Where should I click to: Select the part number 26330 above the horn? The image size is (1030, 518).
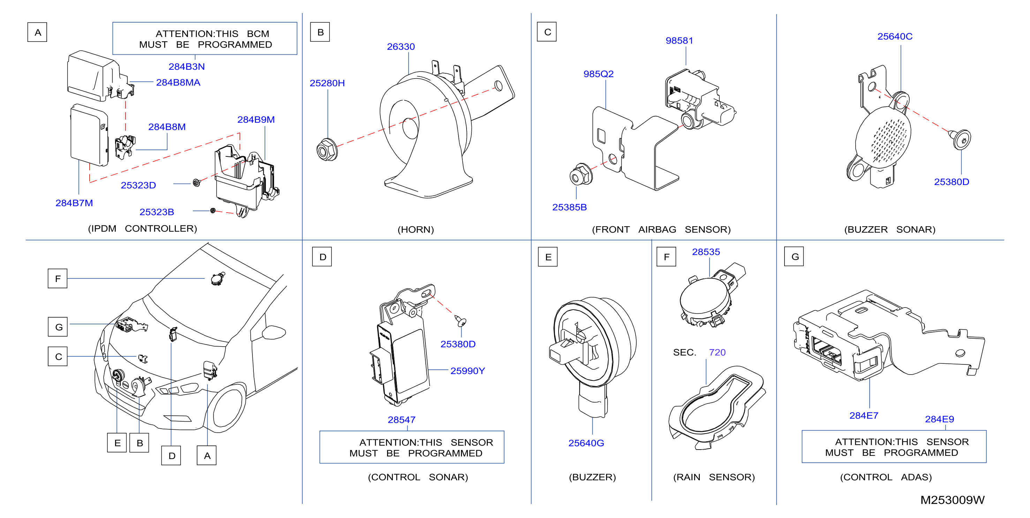[401, 46]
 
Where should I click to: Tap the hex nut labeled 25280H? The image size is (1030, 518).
[327, 150]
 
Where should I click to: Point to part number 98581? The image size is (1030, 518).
[679, 40]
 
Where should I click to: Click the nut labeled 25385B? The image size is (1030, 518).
[581, 174]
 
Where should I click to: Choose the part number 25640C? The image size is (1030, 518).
[894, 36]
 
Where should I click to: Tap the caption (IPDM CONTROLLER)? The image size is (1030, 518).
[142, 229]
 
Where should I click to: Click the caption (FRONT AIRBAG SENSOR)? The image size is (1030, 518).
[661, 229]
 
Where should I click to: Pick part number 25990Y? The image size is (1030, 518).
[468, 371]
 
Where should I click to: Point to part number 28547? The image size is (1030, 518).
[401, 420]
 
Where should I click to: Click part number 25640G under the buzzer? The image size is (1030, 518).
[586, 443]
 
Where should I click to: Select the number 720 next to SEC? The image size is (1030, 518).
[717, 352]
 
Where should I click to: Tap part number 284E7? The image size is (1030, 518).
[864, 415]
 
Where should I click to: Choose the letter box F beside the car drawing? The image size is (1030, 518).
[58, 279]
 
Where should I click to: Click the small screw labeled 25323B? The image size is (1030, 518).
[213, 210]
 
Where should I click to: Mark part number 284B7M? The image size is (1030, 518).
[74, 203]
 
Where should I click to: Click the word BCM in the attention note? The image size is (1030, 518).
[258, 34]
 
